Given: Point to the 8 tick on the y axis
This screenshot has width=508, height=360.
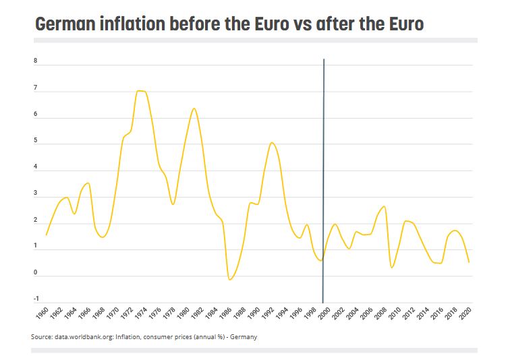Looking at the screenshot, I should coord(36,61).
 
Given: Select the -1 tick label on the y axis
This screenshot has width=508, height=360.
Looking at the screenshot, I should coord(36,299).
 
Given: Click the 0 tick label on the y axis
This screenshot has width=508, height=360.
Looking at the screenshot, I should coord(36,272).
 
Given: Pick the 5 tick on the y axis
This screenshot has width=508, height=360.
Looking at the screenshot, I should coord(36,141).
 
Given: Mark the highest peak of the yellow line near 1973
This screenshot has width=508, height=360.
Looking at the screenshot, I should coord(140,90).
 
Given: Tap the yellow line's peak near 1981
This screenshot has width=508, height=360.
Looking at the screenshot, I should coord(194,109).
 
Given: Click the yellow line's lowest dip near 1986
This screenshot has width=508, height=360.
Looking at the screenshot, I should coord(230,278).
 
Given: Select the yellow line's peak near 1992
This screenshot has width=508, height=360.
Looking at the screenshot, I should coord(271,142).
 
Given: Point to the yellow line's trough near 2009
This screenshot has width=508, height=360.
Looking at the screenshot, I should coord(392,268).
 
